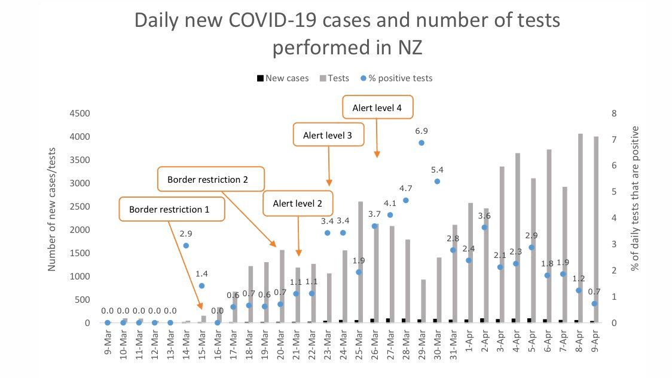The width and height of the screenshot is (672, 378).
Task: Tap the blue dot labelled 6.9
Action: click(421, 143)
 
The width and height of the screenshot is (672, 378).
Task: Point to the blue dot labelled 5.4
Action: click(437, 181)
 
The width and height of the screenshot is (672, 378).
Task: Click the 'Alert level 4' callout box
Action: click(378, 108)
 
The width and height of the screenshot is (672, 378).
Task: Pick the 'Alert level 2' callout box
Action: click(297, 204)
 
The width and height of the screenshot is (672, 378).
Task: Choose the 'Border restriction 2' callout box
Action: click(207, 179)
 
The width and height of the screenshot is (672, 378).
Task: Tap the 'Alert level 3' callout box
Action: click(328, 136)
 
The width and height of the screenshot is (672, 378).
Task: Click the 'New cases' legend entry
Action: click(283, 78)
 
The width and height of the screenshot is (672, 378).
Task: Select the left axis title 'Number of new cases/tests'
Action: click(53, 206)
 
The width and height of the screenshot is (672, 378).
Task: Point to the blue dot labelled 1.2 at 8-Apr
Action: click(579, 290)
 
